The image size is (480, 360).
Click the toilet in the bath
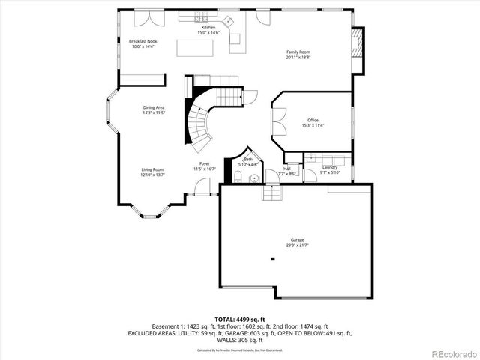[238, 177]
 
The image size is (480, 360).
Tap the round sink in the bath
[253, 178]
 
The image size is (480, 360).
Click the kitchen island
[195, 47]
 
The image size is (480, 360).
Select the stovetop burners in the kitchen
[202, 16]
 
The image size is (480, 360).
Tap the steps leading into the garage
[271, 193]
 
